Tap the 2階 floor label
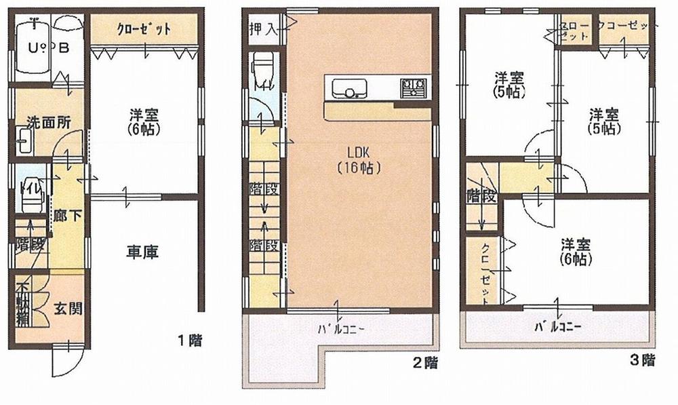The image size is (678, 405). click(425, 364)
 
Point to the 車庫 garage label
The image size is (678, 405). click(142, 253)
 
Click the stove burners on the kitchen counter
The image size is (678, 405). click(414, 86)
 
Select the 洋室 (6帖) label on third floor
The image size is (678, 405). click(576, 250)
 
